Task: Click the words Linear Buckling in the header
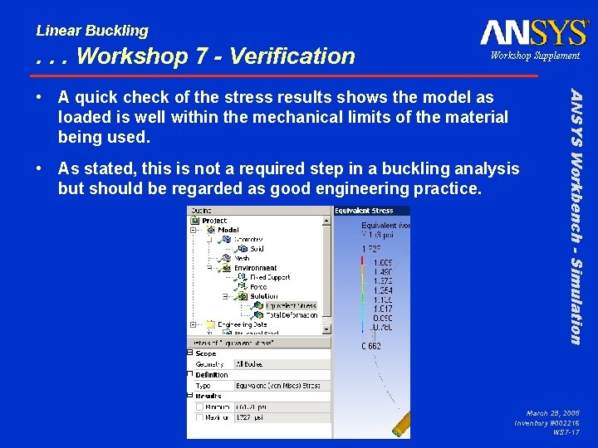tap(92, 31)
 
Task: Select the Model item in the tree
tap(228, 230)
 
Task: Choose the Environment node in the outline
tap(255, 268)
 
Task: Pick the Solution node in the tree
tap(264, 296)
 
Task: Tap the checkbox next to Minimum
tap(199, 407)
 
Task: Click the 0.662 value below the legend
tap(370, 346)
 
